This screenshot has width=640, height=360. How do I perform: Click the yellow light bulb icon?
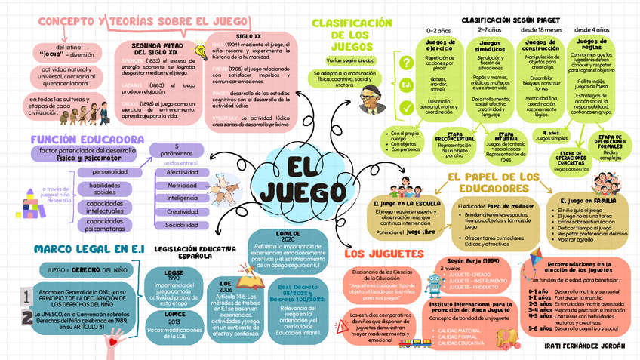[x=202, y=51]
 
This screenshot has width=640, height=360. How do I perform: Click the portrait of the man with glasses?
[x=369, y=97]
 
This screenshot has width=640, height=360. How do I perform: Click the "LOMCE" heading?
[x=174, y=313]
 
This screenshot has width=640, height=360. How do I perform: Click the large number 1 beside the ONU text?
[x=26, y=295]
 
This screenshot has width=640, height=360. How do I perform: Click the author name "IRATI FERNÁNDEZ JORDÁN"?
[x=584, y=346]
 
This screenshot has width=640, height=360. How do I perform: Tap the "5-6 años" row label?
[x=538, y=328]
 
